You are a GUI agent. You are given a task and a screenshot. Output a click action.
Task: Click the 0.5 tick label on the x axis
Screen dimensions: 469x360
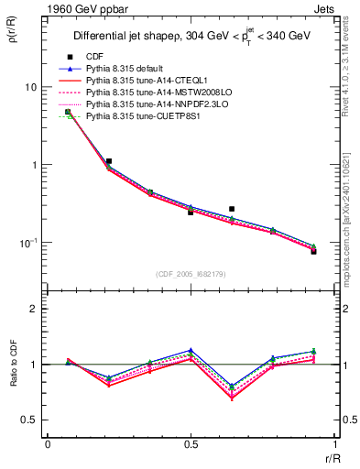(x=190, y=444)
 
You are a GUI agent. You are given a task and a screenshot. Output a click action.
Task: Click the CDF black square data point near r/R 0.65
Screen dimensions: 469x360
(x=232, y=209)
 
